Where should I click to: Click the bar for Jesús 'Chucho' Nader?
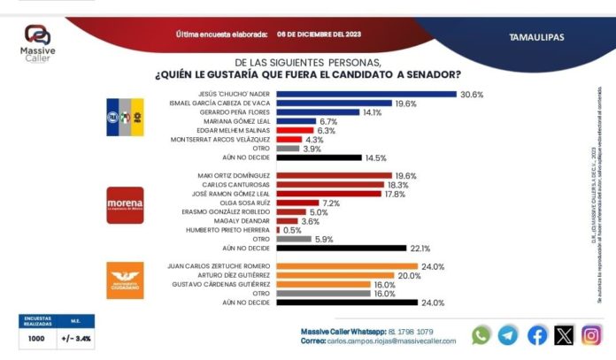(x=366, y=95)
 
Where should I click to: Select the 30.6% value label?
(x=470, y=95)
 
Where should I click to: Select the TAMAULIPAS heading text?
(x=537, y=37)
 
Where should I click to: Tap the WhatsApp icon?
(x=481, y=335)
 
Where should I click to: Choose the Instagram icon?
(x=592, y=335)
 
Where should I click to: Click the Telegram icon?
(x=508, y=335)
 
